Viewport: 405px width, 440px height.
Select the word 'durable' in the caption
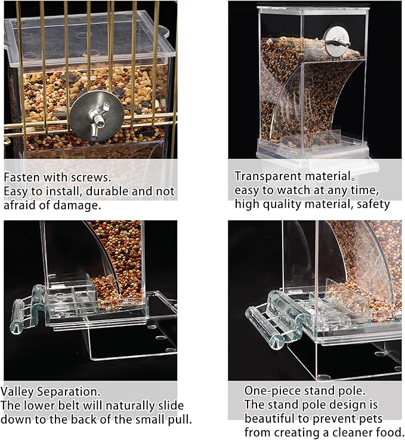(x=107, y=192)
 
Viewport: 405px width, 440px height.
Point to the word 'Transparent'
(x=268, y=177)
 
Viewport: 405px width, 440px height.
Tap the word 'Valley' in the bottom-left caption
(x=17, y=392)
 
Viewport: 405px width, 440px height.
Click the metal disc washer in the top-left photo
(x=97, y=115)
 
